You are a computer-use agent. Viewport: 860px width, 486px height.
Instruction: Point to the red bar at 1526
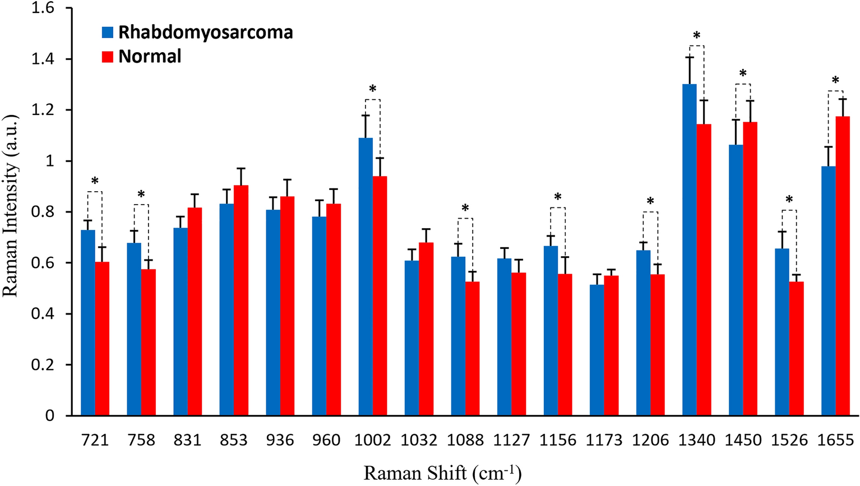[x=796, y=348]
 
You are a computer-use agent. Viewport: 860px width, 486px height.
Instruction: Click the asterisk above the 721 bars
[x=95, y=181]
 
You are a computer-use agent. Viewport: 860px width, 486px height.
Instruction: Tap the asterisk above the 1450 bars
[x=743, y=73]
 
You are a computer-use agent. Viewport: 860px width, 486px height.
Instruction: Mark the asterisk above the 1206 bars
[x=650, y=201]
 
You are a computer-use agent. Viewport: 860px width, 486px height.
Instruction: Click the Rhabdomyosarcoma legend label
[x=205, y=32]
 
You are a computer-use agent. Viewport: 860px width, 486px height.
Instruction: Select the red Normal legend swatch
[x=108, y=57]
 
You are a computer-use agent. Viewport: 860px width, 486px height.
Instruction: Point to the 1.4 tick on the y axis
[x=44, y=59]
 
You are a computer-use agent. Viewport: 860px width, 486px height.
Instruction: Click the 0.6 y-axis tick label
[x=44, y=263]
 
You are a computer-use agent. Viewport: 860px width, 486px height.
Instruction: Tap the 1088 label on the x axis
[x=465, y=441]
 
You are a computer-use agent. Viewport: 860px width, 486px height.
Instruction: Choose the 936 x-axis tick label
[x=280, y=441]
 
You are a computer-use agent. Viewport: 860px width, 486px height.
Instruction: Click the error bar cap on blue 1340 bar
[x=689, y=57]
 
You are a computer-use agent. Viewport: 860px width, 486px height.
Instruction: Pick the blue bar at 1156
[x=551, y=330]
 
